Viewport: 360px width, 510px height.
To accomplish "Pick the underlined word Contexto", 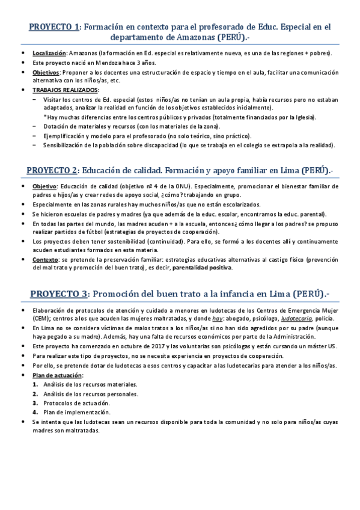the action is [46, 260].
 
